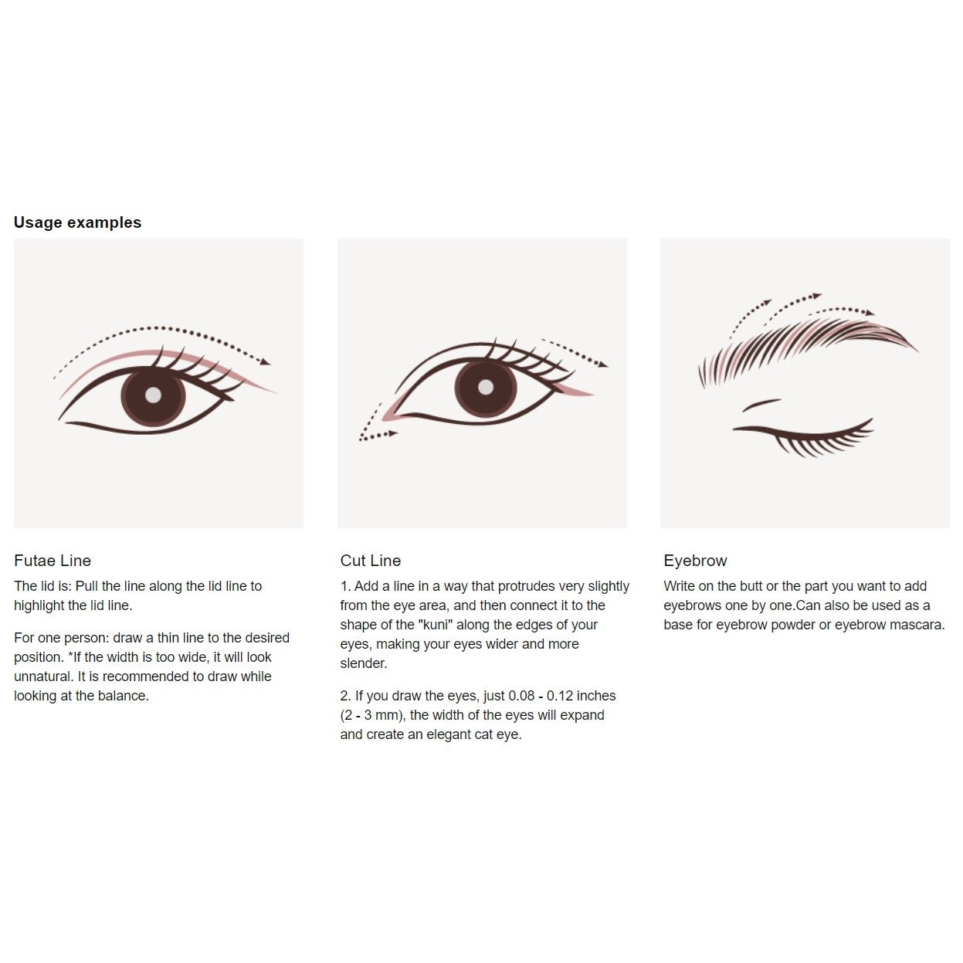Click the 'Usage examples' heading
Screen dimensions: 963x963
77,222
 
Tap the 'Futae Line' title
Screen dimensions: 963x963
53,561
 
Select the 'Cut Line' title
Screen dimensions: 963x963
371,561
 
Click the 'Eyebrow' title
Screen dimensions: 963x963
695,561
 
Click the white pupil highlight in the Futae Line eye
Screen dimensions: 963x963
153,395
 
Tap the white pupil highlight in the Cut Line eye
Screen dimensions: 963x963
486,386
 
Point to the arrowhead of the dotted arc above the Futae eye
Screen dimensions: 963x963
265,361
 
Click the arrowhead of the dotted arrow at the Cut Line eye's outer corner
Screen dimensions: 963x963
603,365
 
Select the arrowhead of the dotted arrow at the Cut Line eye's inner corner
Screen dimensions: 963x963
393,432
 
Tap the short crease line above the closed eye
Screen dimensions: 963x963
761,405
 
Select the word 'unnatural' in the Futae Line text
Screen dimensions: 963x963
43,676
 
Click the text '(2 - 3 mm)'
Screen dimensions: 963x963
372,715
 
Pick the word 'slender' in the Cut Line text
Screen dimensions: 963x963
363,663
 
